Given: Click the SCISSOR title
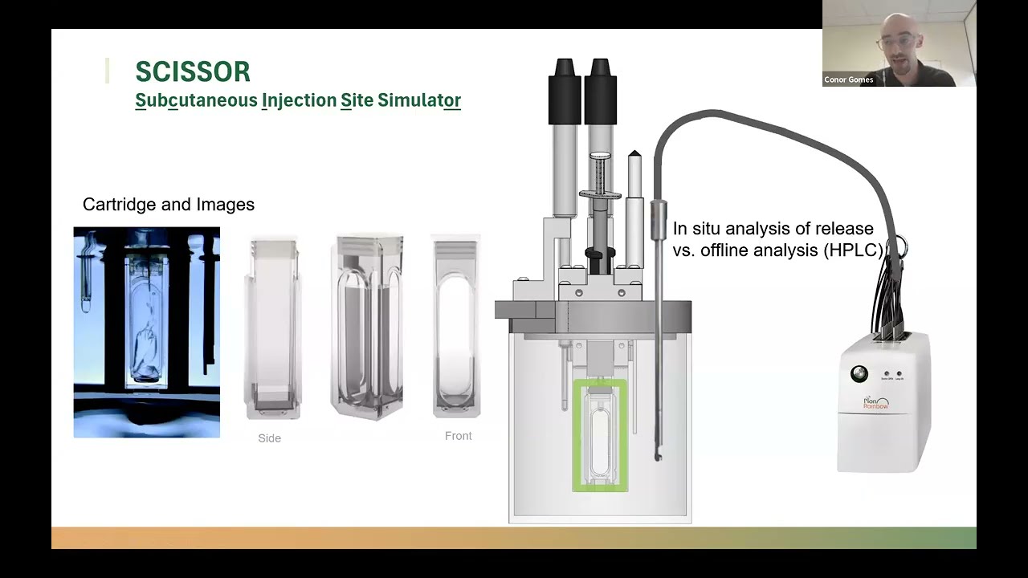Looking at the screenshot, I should tap(193, 71).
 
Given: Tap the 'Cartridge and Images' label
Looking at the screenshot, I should tap(169, 205).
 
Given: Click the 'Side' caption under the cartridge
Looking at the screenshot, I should tap(269, 438).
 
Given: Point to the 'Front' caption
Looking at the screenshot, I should tap(458, 436).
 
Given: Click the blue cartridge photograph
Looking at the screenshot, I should tap(146, 332).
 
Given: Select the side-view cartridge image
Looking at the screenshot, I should tap(272, 328).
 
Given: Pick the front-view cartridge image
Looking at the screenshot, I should tap(456, 327).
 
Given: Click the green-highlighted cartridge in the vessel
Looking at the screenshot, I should tap(600, 434).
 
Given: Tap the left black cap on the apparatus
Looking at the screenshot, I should tap(565, 90).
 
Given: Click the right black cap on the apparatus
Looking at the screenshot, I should tap(600, 90).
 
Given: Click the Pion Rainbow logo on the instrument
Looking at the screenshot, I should tap(875, 402).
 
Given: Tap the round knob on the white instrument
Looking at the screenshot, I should tap(860, 374).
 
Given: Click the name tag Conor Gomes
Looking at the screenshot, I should tap(848, 79).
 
